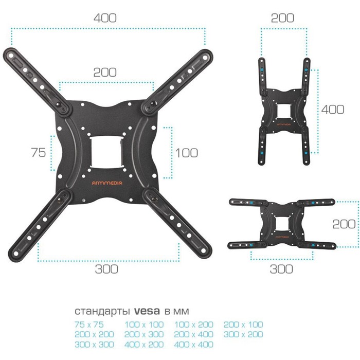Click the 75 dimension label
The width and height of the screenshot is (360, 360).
pyautogui.click(x=39, y=152)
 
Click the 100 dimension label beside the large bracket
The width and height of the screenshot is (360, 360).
pyautogui.click(x=186, y=153)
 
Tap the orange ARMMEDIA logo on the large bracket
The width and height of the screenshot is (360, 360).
pyautogui.click(x=107, y=183)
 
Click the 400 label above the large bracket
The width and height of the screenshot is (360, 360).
pyautogui.click(x=105, y=18)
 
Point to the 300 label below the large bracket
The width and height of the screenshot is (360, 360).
pyautogui.click(x=106, y=269)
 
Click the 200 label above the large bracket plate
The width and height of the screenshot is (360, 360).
pyautogui.click(x=105, y=72)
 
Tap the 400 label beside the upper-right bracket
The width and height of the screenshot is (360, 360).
pyautogui.click(x=333, y=110)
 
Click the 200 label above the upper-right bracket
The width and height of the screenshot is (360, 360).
pyautogui.click(x=282, y=18)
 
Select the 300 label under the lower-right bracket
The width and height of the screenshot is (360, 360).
pyautogui.click(x=281, y=269)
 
